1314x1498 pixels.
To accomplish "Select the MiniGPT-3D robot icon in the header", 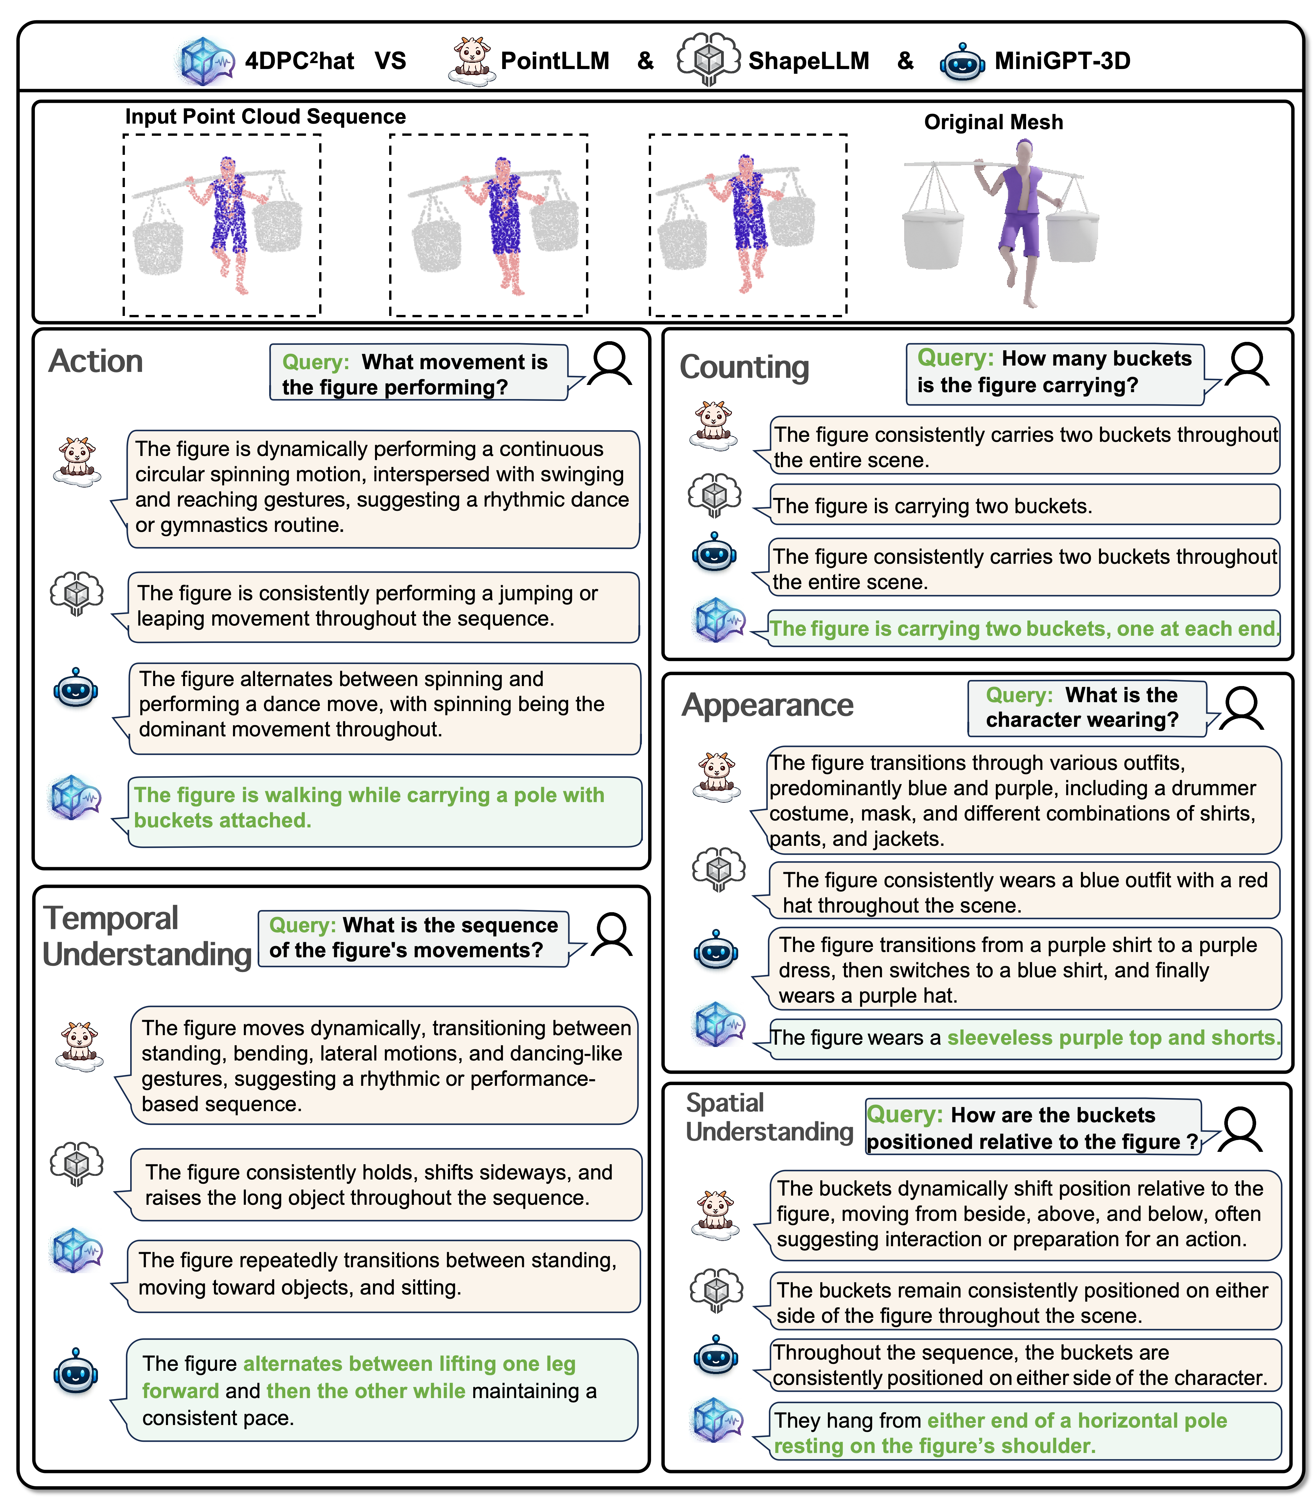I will [x=962, y=62].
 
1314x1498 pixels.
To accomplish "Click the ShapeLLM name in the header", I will [x=808, y=61].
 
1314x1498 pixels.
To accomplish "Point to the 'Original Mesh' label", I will [x=993, y=122].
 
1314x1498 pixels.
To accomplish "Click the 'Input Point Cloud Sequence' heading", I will [x=265, y=116].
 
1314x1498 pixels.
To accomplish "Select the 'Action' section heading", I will [x=96, y=361].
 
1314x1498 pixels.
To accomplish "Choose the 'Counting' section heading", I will [x=744, y=367].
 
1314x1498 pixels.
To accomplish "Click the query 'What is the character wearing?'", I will [x=1082, y=707].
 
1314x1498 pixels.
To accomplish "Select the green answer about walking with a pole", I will [x=369, y=808].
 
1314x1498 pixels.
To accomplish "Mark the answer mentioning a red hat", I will [x=1024, y=892].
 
